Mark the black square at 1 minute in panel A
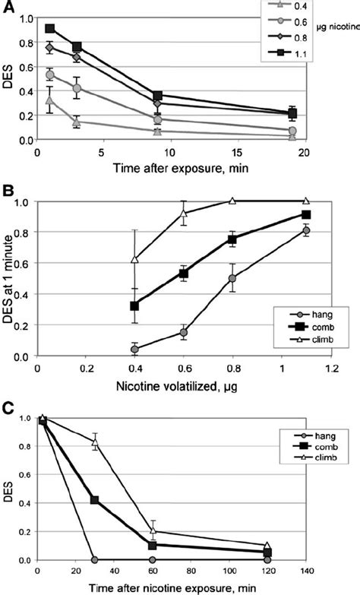50,29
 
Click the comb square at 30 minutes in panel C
96,500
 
